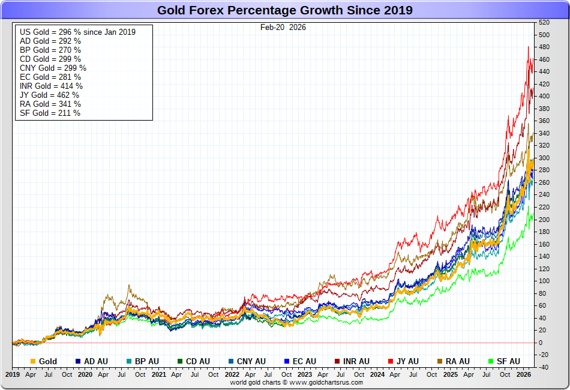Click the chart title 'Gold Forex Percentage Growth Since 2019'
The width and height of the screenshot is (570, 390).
(x=284, y=10)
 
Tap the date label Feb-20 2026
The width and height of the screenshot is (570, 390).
(x=283, y=27)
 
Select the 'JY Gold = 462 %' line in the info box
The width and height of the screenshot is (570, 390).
(x=49, y=95)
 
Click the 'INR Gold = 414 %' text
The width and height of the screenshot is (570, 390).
(x=50, y=86)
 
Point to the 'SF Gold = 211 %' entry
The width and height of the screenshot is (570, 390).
(x=50, y=113)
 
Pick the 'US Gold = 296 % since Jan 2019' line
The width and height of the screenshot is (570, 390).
(x=77, y=32)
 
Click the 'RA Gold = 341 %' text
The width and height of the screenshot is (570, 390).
(x=50, y=104)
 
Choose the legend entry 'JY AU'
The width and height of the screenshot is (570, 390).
(x=407, y=361)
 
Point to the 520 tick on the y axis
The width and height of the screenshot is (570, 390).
(x=544, y=22)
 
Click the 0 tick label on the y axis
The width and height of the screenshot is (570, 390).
(x=541, y=343)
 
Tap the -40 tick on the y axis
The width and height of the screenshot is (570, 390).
(x=544, y=367)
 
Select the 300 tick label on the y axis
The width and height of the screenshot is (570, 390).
(x=544, y=158)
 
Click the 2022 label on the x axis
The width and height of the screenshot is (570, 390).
(x=232, y=374)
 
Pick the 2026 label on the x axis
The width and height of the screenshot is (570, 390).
(x=524, y=374)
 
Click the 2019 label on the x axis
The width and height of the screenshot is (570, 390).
(x=13, y=374)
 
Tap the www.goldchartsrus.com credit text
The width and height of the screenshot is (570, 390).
(x=296, y=382)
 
